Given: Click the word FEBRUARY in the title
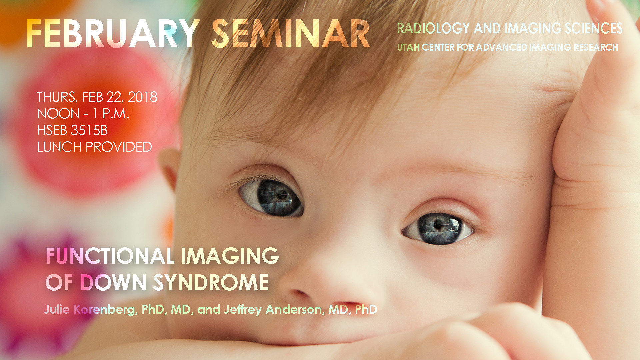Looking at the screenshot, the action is [113, 34].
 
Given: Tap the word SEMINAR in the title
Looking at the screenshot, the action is [291, 34].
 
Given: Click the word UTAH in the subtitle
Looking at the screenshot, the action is [408, 47].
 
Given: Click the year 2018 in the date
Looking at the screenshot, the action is [143, 97].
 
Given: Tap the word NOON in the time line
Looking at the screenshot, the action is [58, 114].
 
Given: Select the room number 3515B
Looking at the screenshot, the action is [89, 130].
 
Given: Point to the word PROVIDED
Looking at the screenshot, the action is [119, 147].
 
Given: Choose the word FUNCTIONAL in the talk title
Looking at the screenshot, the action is [110, 256].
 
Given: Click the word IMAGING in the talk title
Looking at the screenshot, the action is [230, 256].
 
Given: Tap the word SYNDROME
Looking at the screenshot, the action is [211, 283].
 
